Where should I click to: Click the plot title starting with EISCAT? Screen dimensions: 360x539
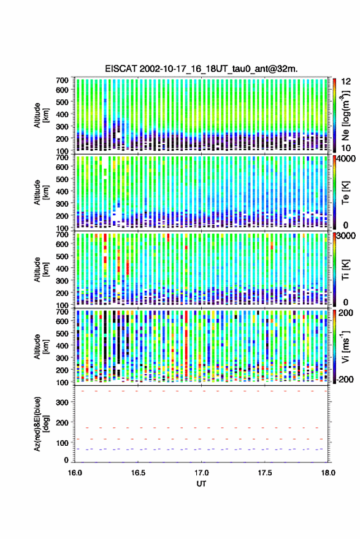click(x=201, y=69)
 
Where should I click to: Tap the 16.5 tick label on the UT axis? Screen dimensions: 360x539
click(x=138, y=473)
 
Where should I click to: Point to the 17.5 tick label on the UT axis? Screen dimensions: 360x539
click(x=264, y=473)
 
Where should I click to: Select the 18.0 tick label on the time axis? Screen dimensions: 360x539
click(x=328, y=473)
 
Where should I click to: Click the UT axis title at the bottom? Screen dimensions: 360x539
click(x=201, y=484)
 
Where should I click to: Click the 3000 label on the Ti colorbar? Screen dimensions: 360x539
click(x=345, y=236)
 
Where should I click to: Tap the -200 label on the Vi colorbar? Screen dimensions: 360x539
click(x=344, y=380)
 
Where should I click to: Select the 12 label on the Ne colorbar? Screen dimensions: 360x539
click(x=347, y=82)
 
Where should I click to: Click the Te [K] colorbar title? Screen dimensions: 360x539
click(x=345, y=193)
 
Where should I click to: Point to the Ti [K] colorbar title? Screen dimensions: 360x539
click(x=345, y=270)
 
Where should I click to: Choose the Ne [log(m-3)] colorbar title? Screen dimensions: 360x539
click(x=345, y=115)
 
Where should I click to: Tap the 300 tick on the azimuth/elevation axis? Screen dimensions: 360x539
click(x=62, y=402)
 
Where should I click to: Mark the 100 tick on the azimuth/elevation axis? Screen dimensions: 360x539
click(x=62, y=443)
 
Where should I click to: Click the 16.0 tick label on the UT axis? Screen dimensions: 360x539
click(x=75, y=473)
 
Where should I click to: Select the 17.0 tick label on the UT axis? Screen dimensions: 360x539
click(x=201, y=473)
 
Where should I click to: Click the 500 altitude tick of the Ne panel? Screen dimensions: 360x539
click(x=62, y=102)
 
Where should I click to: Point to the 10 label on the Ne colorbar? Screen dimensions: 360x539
click(x=347, y=148)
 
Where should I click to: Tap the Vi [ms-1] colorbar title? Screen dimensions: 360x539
click(x=345, y=346)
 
